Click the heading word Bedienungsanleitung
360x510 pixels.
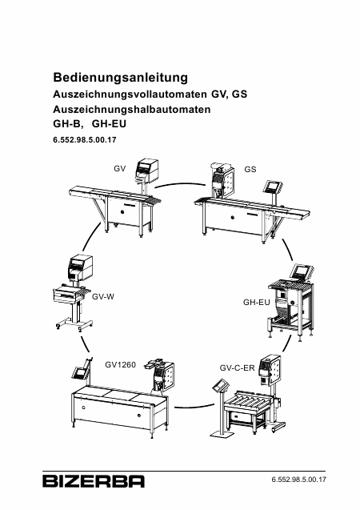point(121,78)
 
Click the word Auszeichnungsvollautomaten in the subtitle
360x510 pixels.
point(130,94)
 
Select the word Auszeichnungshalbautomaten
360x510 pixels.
point(132,109)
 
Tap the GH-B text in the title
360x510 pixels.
point(69,124)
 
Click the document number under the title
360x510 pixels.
point(85,140)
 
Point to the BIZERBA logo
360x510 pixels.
point(94,481)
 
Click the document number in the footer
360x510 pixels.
point(298,480)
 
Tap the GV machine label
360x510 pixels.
point(119,169)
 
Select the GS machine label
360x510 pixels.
point(250,169)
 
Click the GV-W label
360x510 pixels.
point(103,296)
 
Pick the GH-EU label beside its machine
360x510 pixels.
point(256,302)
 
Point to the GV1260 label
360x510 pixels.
point(120,364)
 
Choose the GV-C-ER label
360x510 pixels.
point(237,367)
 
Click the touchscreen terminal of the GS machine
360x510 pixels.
point(273,187)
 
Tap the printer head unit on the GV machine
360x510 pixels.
point(147,170)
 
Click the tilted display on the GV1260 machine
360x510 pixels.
point(79,373)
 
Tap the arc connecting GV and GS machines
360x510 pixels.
point(181,184)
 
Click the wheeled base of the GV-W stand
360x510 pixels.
point(74,326)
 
